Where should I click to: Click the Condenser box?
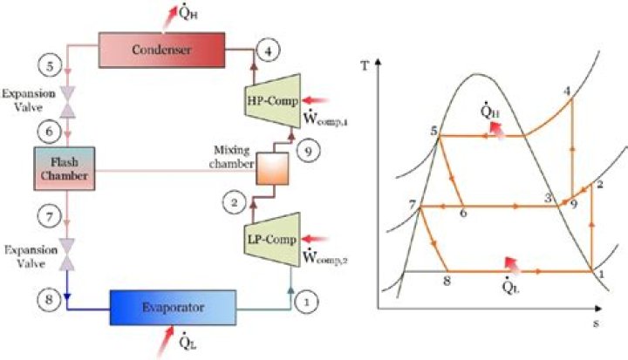[x=161, y=47]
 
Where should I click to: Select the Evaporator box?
[x=172, y=307]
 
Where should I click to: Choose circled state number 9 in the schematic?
[x=306, y=151]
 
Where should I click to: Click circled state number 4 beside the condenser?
[x=270, y=51]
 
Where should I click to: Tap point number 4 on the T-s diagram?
[x=568, y=91]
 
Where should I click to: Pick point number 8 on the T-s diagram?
[x=447, y=281]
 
